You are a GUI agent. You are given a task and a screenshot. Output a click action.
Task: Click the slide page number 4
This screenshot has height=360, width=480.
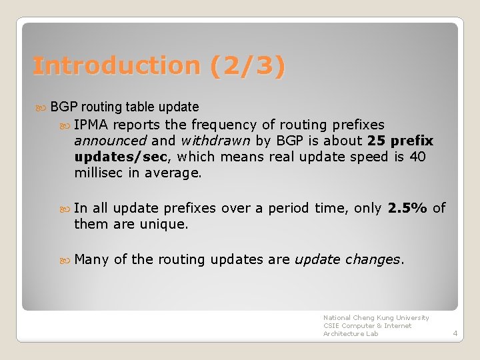(455, 333)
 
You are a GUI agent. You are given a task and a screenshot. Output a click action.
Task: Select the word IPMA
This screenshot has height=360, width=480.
(93, 125)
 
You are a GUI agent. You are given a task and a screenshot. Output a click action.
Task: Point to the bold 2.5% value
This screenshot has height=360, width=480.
(407, 208)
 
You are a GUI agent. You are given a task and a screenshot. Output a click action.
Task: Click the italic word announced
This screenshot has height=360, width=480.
(110, 141)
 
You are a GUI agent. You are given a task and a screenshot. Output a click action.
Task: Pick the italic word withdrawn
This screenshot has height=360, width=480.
(213, 141)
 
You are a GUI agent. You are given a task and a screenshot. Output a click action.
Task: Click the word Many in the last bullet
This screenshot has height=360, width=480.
(91, 259)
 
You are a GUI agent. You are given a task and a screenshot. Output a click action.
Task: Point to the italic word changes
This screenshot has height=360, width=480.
(374, 259)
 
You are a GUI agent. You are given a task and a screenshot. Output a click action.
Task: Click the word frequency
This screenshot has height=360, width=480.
(223, 125)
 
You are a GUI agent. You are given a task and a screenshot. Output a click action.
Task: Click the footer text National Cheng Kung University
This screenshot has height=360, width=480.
(376, 318)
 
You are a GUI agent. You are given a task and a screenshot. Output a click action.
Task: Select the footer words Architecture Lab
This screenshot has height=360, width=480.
(351, 333)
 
